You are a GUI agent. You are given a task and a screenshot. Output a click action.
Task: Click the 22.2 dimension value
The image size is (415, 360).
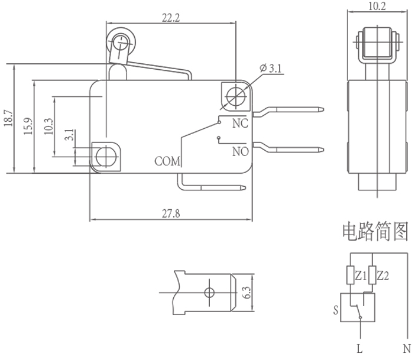point(171,18)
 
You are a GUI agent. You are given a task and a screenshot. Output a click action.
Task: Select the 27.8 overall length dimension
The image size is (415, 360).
point(171,213)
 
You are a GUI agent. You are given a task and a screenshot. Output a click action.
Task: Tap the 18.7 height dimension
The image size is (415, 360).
point(8,118)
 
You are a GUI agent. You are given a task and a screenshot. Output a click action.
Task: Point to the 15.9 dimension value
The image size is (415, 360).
point(28,126)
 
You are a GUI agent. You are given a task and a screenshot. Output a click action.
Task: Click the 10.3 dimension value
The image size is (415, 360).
point(48,127)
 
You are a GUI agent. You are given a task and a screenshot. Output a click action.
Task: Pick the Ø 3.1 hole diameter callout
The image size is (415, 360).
point(271,69)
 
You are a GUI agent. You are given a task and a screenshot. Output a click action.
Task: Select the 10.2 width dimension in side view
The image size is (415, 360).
point(377,6)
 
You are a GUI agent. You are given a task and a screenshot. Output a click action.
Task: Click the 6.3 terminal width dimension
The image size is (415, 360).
point(247,293)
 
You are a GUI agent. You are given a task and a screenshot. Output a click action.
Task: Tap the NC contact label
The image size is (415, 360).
point(241,124)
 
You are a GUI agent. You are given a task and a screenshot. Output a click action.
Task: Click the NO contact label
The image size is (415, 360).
point(241,152)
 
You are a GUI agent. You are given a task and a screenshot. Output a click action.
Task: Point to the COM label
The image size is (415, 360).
point(167,161)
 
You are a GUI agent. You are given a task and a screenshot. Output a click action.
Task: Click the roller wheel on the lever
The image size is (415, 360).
point(121,43)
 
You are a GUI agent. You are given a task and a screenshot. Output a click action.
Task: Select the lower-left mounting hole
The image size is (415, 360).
point(106,157)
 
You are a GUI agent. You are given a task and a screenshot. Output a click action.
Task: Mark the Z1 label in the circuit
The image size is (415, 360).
point(361,276)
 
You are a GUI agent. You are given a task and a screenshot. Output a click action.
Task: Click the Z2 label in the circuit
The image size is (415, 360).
point(383,276)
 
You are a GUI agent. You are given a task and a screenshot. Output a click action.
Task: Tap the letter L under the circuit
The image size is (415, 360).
point(359,349)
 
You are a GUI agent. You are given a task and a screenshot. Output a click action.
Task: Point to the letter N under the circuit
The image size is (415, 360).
point(407,349)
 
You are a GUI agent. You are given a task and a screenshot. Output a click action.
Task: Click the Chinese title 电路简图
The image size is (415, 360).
point(375,232)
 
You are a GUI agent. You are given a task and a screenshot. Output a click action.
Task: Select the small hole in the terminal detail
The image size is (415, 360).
point(209,293)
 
